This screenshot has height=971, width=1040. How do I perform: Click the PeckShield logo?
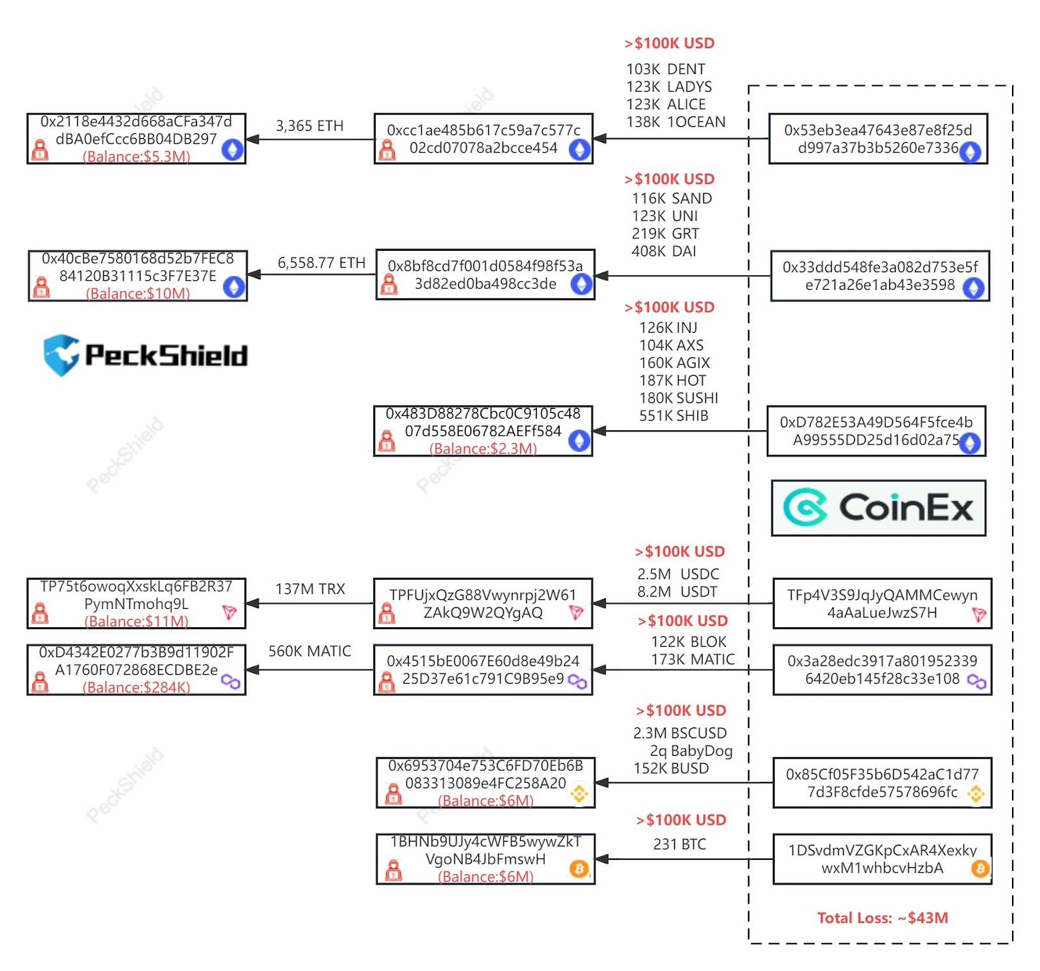click(x=146, y=355)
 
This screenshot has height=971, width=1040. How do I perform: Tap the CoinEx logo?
click(x=878, y=508)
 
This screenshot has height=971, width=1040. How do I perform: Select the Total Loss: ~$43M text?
click(x=882, y=918)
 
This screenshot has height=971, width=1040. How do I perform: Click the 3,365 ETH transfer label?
click(x=309, y=125)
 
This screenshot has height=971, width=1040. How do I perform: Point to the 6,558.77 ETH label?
click(x=321, y=263)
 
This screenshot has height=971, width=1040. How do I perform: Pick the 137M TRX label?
click(x=310, y=589)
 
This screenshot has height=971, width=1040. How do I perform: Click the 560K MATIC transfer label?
click(x=309, y=651)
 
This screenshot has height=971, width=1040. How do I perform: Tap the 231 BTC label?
click(x=679, y=844)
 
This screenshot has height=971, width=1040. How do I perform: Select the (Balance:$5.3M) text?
click(x=136, y=156)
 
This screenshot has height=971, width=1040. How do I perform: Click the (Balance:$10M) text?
click(x=138, y=293)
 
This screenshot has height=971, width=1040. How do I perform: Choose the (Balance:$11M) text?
click(x=136, y=621)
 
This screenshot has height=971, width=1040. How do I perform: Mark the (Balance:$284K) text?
click(x=136, y=687)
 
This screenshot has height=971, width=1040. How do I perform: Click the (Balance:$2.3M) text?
click(x=483, y=448)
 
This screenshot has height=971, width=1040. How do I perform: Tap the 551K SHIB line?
click(x=673, y=415)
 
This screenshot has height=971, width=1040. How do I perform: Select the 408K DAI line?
click(x=664, y=251)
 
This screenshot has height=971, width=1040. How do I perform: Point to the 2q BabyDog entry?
click(x=691, y=751)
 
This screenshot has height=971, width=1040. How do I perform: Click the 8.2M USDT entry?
click(x=677, y=591)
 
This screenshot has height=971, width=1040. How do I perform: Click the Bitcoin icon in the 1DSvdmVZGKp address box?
click(x=980, y=868)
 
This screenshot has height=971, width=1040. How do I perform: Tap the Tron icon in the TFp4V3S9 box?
click(x=979, y=614)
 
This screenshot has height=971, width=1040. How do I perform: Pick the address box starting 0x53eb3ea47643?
click(x=878, y=138)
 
